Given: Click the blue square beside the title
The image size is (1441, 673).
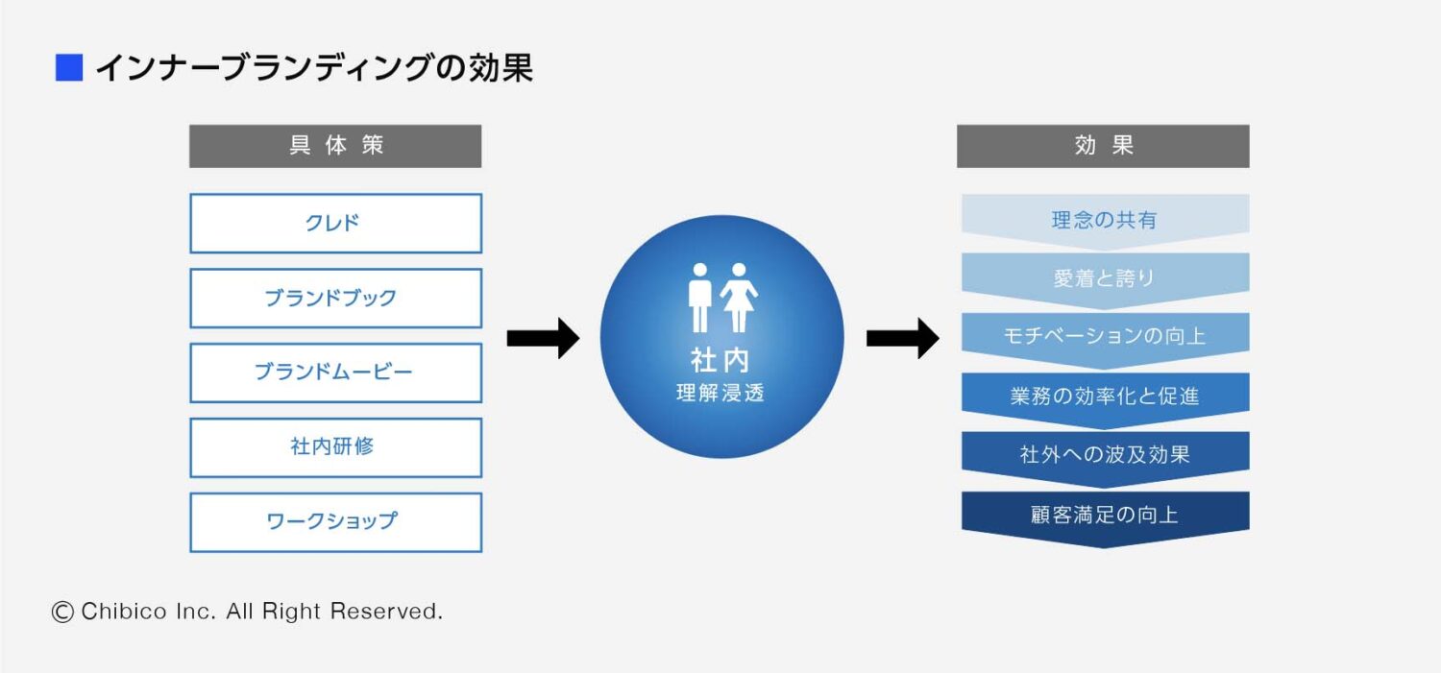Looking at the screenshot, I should pyautogui.click(x=69, y=68).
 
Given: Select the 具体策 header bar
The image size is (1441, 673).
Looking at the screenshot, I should pyautogui.click(x=335, y=146).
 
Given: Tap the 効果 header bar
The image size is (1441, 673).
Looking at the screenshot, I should pyautogui.click(x=1103, y=146).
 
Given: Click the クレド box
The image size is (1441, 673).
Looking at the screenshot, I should pyautogui.click(x=335, y=224).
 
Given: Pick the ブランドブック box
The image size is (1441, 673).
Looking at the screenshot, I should pyautogui.click(x=335, y=299).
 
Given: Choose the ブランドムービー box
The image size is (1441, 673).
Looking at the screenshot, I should pyautogui.click(x=335, y=373).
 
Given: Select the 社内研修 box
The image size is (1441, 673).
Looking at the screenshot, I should pyautogui.click(x=335, y=447).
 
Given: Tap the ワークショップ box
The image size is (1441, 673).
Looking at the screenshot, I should pyautogui.click(x=335, y=522).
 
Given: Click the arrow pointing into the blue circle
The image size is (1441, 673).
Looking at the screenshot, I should pyautogui.click(x=543, y=338).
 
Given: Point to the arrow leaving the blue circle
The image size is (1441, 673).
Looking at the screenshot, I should pyautogui.click(x=902, y=338).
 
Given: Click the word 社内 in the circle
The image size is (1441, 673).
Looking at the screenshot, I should pyautogui.click(x=720, y=360).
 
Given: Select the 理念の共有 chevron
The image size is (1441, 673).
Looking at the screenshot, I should pyautogui.click(x=1105, y=220).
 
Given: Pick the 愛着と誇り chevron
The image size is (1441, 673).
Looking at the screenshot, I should pyautogui.click(x=1105, y=279).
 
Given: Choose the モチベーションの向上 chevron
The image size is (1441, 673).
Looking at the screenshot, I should pyautogui.click(x=1105, y=337).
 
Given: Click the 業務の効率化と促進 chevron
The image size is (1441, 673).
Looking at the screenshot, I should pyautogui.click(x=1105, y=397).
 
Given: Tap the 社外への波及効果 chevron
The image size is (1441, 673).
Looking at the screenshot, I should pyautogui.click(x=1105, y=455).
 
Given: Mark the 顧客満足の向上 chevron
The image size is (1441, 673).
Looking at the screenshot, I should pyautogui.click(x=1105, y=515).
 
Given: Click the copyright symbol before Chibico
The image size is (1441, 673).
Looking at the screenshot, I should pyautogui.click(x=62, y=612).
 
